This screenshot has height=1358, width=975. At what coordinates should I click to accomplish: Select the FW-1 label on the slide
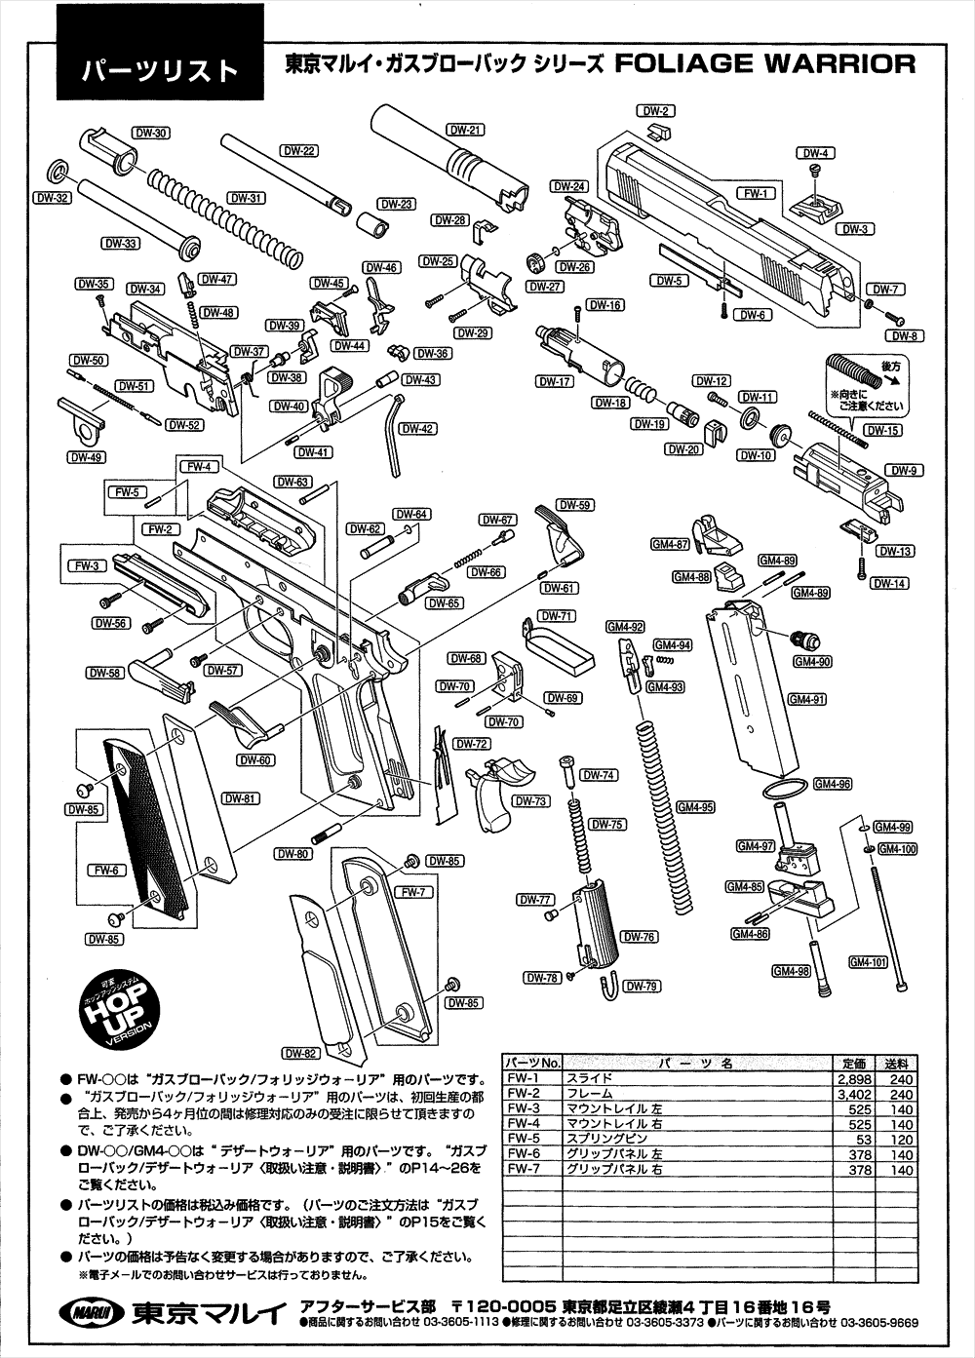(x=753, y=193)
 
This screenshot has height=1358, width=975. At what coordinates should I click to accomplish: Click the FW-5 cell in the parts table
(x=524, y=1139)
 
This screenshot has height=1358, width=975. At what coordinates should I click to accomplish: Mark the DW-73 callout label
(x=528, y=801)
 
